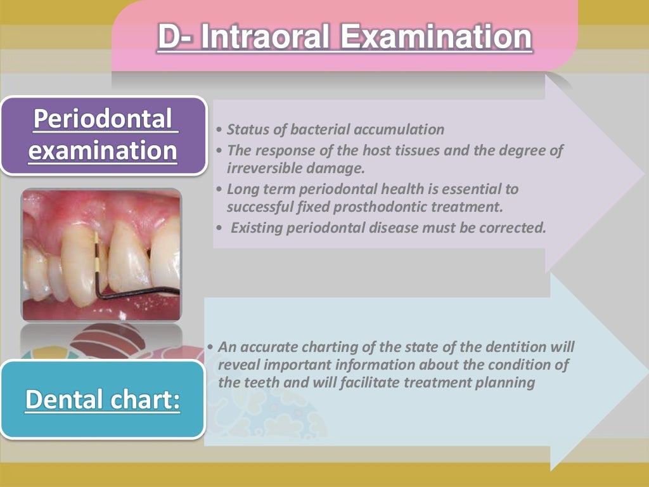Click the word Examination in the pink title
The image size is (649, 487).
[x=436, y=37]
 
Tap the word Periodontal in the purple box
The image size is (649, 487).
[x=103, y=119]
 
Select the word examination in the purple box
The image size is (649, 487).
[x=104, y=151]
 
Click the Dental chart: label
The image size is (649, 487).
[x=103, y=401]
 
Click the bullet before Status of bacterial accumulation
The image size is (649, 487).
[x=219, y=131]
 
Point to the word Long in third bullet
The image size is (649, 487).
[x=241, y=189]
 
